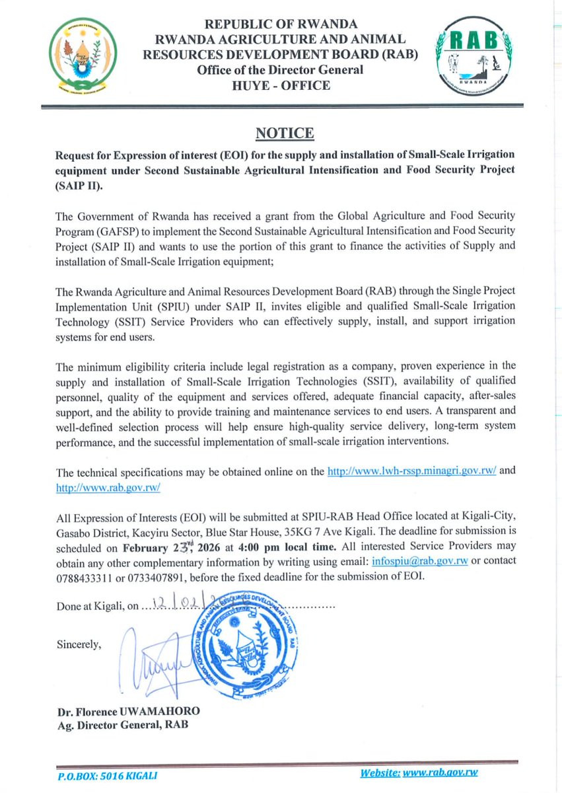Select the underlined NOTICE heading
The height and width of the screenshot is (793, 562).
point(284,133)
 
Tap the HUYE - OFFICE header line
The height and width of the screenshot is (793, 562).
point(281,85)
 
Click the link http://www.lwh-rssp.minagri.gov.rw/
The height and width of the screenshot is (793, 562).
point(411,472)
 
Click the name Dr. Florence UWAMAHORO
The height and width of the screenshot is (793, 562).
point(128,712)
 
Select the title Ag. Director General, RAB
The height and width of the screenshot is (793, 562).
point(122,725)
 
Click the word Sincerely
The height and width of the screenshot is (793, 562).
point(79,644)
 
